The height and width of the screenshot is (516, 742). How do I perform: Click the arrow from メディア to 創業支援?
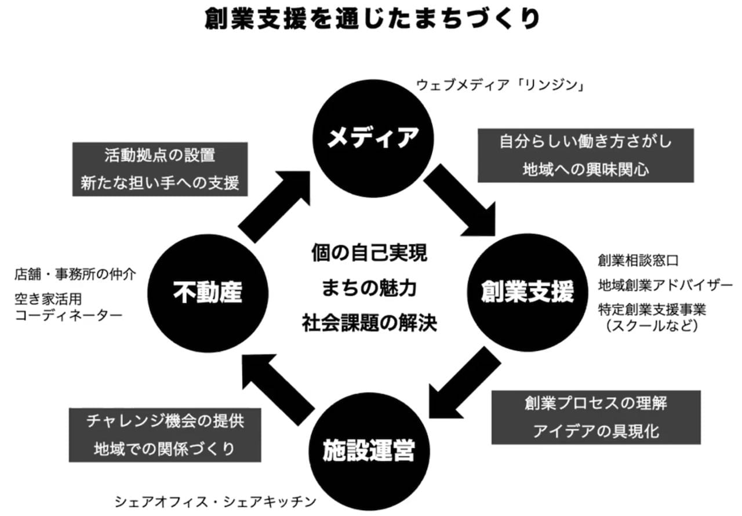pyautogui.click(x=461, y=200)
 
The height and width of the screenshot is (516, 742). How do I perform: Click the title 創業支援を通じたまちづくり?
pyautogui.click(x=372, y=20)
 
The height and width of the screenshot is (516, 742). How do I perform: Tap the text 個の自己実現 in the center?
pyautogui.click(x=369, y=253)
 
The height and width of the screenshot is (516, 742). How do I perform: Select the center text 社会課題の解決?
pyautogui.click(x=369, y=323)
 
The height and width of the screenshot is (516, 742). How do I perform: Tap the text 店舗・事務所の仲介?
pyautogui.click(x=75, y=274)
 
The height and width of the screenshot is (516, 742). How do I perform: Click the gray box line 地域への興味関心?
pyautogui.click(x=585, y=169)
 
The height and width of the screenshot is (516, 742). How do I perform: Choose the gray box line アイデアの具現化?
pyautogui.click(x=595, y=431)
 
